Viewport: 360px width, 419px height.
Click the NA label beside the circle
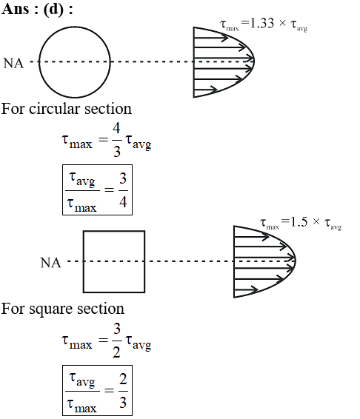tap(13, 64)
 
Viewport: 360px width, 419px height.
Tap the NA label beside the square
tap(50, 263)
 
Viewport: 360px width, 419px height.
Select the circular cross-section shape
tap(75, 26)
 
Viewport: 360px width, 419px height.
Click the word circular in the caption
tap(54, 109)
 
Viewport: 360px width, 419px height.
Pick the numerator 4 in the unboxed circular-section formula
tap(116, 128)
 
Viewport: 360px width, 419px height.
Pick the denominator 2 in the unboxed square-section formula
tap(116, 352)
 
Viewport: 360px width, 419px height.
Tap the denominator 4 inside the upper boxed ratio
tap(123, 202)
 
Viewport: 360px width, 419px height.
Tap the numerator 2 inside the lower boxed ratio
tap(123, 379)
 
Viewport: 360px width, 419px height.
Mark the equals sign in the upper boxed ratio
tap(109, 190)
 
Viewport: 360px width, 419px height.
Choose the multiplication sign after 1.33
tap(282, 23)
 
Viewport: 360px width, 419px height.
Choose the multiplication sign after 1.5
tap(316, 221)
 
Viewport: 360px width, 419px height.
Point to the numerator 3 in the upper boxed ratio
tap(123, 178)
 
